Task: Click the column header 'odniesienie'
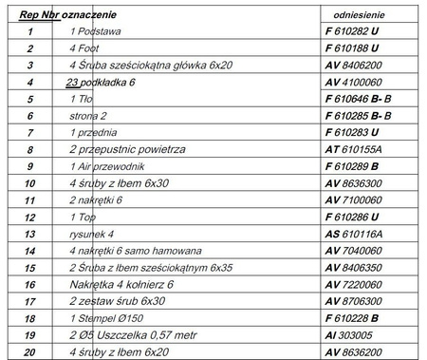(358, 16)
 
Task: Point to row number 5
(30, 99)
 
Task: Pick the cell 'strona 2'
(89, 116)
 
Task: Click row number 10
(30, 182)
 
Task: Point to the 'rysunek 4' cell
(92, 233)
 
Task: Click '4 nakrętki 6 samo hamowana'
(130, 250)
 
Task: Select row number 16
(30, 283)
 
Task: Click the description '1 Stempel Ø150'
(106, 317)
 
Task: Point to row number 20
(30, 351)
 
